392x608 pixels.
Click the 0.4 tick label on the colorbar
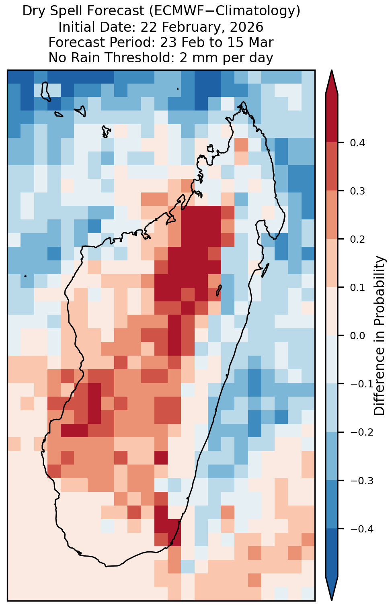(x=357, y=143)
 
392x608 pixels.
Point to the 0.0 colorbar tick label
(x=357, y=336)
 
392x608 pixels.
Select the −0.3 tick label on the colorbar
(x=361, y=481)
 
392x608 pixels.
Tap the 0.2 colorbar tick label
(x=357, y=240)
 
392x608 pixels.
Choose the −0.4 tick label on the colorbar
(x=361, y=529)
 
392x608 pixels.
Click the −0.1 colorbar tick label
(x=361, y=384)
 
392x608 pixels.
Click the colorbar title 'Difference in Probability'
(x=380, y=336)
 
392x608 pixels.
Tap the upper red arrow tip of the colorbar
(x=332, y=71)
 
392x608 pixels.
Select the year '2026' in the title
(x=247, y=27)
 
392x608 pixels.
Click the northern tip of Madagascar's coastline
(x=243, y=102)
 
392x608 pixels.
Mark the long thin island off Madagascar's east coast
(x=265, y=270)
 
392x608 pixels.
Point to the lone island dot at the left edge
(x=25, y=276)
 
